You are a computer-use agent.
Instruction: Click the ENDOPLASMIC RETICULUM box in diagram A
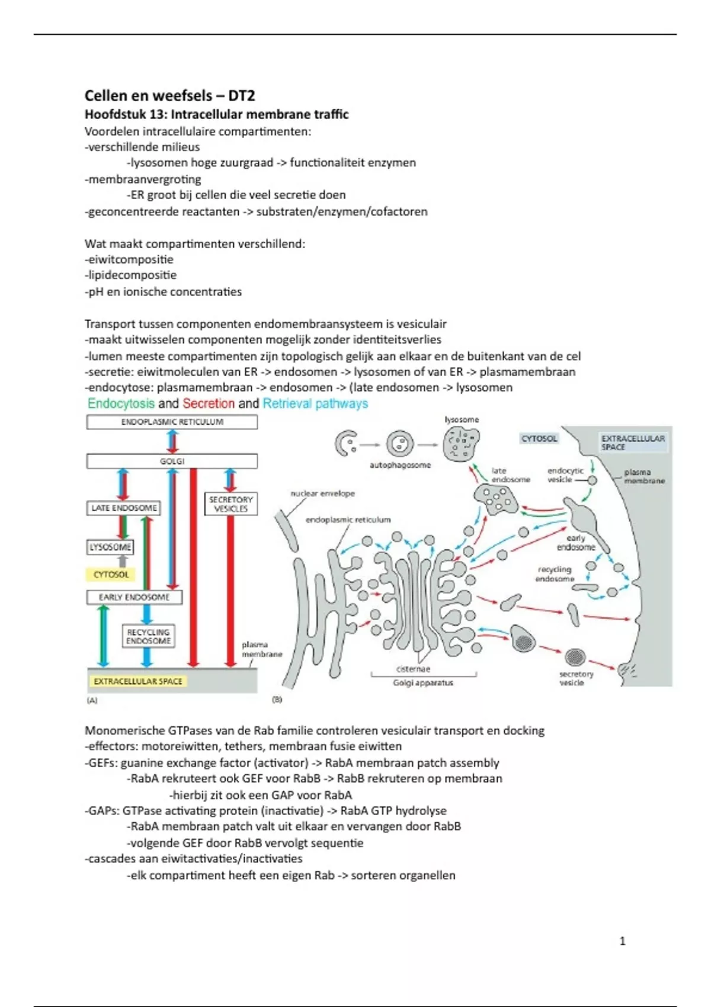click(x=172, y=422)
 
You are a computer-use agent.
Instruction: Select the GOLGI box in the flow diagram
click(x=172, y=461)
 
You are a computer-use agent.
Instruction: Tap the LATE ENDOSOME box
click(x=124, y=508)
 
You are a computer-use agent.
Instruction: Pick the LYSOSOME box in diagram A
click(x=110, y=547)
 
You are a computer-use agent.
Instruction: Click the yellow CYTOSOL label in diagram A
click(x=111, y=574)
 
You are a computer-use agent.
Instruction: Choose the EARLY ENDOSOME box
click(x=134, y=597)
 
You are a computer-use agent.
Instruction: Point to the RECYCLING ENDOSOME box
click(x=148, y=636)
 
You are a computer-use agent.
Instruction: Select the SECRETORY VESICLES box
click(x=230, y=504)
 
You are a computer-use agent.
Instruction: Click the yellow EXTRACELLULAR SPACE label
click(x=137, y=681)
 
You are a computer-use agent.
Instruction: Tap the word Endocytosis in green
click(x=121, y=403)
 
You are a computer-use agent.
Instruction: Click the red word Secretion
click(x=209, y=403)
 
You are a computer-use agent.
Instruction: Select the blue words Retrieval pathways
click(x=315, y=403)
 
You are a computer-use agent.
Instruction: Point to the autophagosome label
click(x=400, y=465)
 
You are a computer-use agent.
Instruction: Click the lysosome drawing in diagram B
click(x=461, y=443)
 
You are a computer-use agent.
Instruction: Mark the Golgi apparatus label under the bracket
click(x=423, y=682)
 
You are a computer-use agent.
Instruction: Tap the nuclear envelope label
click(x=322, y=493)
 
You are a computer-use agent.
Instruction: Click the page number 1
click(x=622, y=941)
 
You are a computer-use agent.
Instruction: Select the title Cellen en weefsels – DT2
click(x=169, y=95)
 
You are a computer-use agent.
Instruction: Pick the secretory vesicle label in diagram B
click(x=576, y=678)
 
